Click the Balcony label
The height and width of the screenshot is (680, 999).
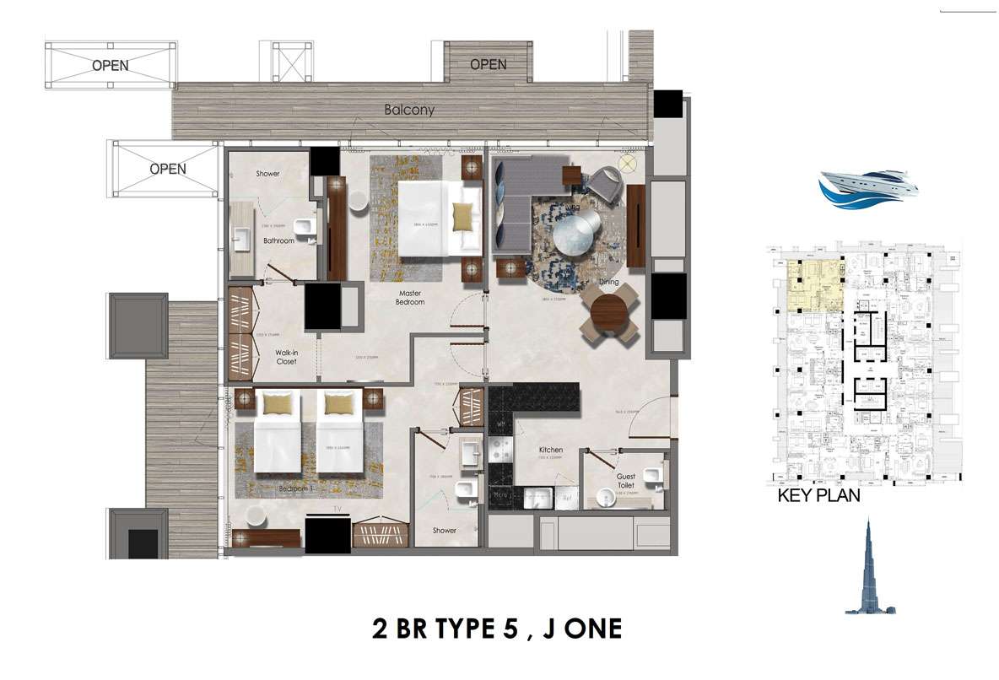409,110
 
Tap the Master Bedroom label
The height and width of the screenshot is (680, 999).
412,297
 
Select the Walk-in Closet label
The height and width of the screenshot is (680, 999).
286,358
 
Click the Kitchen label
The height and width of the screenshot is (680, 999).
551,451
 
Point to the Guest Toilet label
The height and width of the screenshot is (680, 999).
626,481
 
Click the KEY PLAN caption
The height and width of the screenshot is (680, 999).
818,495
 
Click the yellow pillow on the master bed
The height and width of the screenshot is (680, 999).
463,217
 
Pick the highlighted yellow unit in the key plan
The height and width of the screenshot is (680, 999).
814,286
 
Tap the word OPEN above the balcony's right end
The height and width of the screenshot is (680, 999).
488,64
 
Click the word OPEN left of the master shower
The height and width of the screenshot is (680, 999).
167,169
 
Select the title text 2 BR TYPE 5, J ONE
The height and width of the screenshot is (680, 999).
497,629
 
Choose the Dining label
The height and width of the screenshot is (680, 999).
608,283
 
